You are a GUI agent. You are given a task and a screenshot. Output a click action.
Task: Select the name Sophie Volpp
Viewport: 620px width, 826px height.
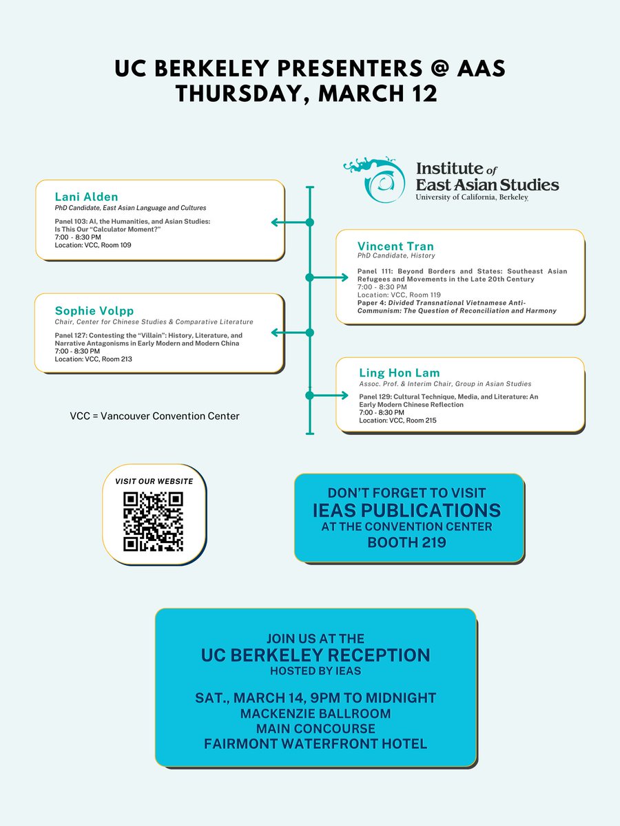pyautogui.click(x=94, y=310)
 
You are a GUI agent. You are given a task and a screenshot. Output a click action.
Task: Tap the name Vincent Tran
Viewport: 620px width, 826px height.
pyautogui.click(x=395, y=246)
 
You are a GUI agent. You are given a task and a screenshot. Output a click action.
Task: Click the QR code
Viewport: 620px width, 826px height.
pyautogui.click(x=153, y=522)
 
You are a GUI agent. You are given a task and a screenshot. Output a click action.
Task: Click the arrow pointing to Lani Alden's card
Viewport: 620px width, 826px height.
pyautogui.click(x=289, y=222)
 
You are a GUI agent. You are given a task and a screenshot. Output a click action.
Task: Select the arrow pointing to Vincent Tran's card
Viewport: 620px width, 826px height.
pyautogui.click(x=330, y=277)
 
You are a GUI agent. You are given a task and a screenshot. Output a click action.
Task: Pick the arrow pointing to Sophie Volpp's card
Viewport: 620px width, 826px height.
pyautogui.click(x=289, y=333)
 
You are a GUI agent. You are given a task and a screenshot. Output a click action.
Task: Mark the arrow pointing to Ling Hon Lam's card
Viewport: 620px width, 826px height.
pyautogui.click(x=330, y=395)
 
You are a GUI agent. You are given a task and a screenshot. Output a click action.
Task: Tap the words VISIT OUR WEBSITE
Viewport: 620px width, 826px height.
pyautogui.click(x=153, y=480)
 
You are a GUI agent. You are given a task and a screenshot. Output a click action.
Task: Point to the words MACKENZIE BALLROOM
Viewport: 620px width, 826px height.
pyautogui.click(x=316, y=713)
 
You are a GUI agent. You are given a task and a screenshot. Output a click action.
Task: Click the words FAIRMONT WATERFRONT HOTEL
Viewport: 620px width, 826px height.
pyautogui.click(x=316, y=743)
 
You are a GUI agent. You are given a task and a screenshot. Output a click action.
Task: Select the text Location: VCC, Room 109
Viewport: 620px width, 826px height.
pyautogui.click(x=93, y=245)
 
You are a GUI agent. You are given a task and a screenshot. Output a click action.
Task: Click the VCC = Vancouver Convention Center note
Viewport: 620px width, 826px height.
pyautogui.click(x=154, y=416)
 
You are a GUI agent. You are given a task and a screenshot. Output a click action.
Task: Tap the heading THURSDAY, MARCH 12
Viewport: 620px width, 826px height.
pyautogui.click(x=306, y=93)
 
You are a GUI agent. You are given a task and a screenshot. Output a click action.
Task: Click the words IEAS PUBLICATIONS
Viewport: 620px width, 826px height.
pyautogui.click(x=409, y=510)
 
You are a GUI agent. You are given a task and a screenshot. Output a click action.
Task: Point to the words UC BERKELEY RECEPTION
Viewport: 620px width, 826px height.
pyautogui.click(x=316, y=655)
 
